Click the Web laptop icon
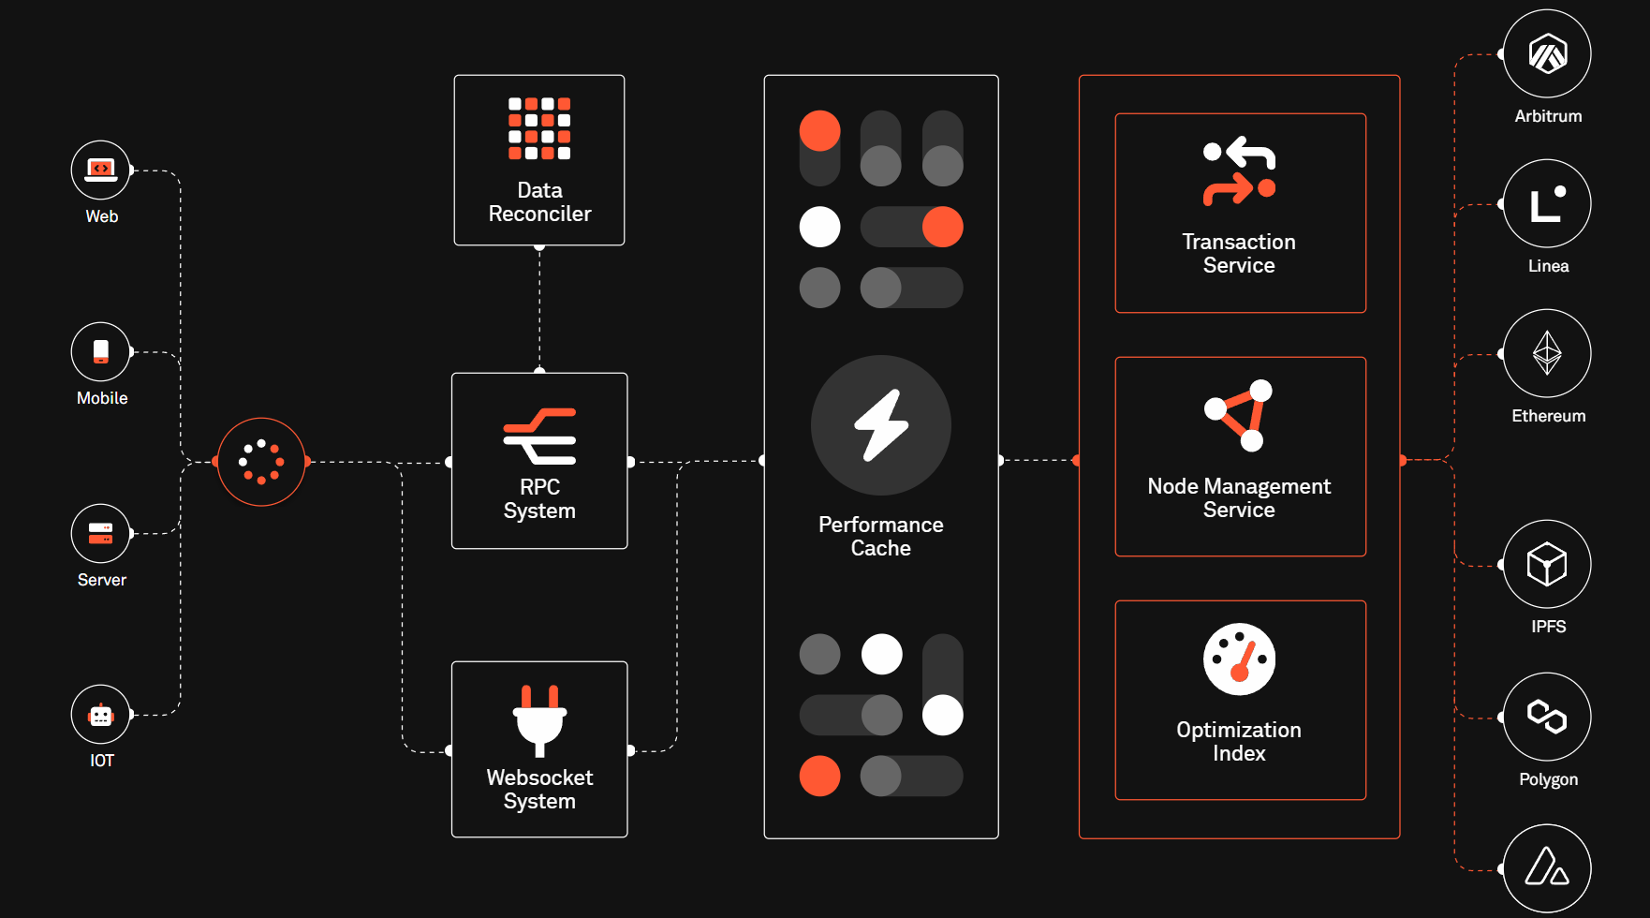pyautogui.click(x=100, y=170)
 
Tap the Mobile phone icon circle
pyautogui.click(x=100, y=352)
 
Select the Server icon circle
pyautogui.click(x=100, y=533)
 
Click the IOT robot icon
pyautogui.click(x=100, y=715)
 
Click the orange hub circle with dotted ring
pyautogui.click(x=261, y=462)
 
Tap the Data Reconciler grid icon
pyautogui.click(x=539, y=128)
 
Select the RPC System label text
pyautogui.click(x=539, y=499)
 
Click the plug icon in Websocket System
pyautogui.click(x=539, y=719)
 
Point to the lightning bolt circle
pyautogui.click(x=880, y=425)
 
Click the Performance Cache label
pyautogui.click(x=880, y=537)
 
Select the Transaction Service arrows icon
pyautogui.click(x=1239, y=171)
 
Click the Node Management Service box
pyautogui.click(x=1240, y=457)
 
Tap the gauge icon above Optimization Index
pyautogui.click(x=1239, y=659)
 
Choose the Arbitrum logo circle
pyautogui.click(x=1547, y=53)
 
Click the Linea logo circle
pyautogui.click(x=1547, y=203)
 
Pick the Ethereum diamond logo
pyautogui.click(x=1547, y=353)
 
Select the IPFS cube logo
pyautogui.click(x=1547, y=564)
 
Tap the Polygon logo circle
pyautogui.click(x=1547, y=717)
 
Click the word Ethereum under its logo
pyautogui.click(x=1548, y=416)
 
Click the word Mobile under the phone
pyautogui.click(x=102, y=398)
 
